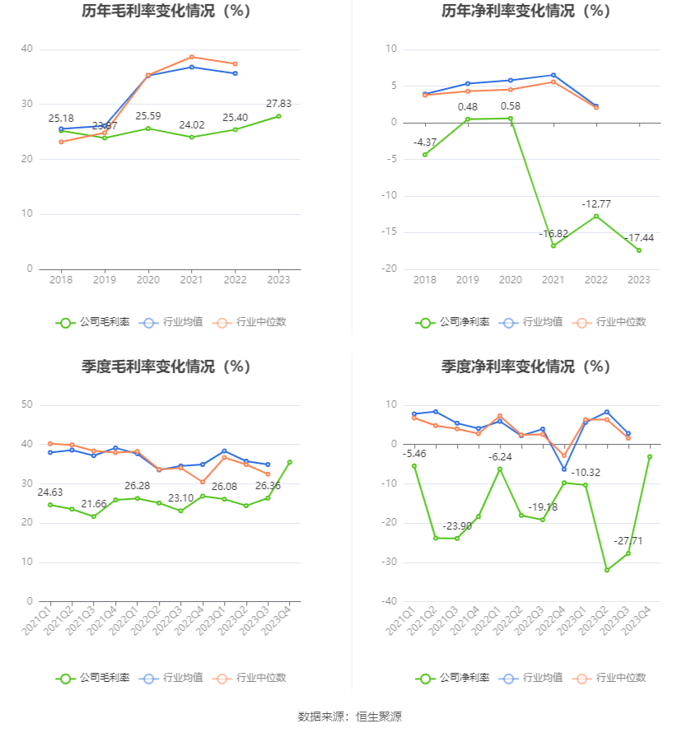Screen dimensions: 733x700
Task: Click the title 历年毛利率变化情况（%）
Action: [166, 12]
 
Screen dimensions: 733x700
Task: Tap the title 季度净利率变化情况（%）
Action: [525, 366]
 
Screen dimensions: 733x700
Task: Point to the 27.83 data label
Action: [278, 104]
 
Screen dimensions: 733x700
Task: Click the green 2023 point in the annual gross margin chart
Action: [278, 116]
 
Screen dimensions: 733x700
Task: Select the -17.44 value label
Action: [638, 238]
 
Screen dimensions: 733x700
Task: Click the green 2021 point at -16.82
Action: [553, 245]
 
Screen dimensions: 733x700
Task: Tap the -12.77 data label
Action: [595, 203]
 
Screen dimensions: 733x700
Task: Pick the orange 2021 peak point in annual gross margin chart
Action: [192, 57]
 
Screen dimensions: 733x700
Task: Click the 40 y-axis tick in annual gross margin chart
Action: [27, 49]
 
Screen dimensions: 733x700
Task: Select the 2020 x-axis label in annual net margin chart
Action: [511, 281]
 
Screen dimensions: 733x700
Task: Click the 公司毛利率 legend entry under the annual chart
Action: [93, 322]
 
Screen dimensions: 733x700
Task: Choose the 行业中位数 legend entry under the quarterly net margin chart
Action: [613, 678]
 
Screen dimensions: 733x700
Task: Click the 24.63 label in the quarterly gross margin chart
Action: [51, 493]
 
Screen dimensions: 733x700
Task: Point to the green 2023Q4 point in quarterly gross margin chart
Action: [289, 462]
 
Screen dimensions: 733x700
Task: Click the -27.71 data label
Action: [628, 540]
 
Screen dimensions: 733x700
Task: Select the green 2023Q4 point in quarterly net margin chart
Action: [649, 456]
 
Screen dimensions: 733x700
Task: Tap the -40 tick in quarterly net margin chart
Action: [389, 601]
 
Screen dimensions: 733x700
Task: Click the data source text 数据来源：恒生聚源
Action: [349, 717]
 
